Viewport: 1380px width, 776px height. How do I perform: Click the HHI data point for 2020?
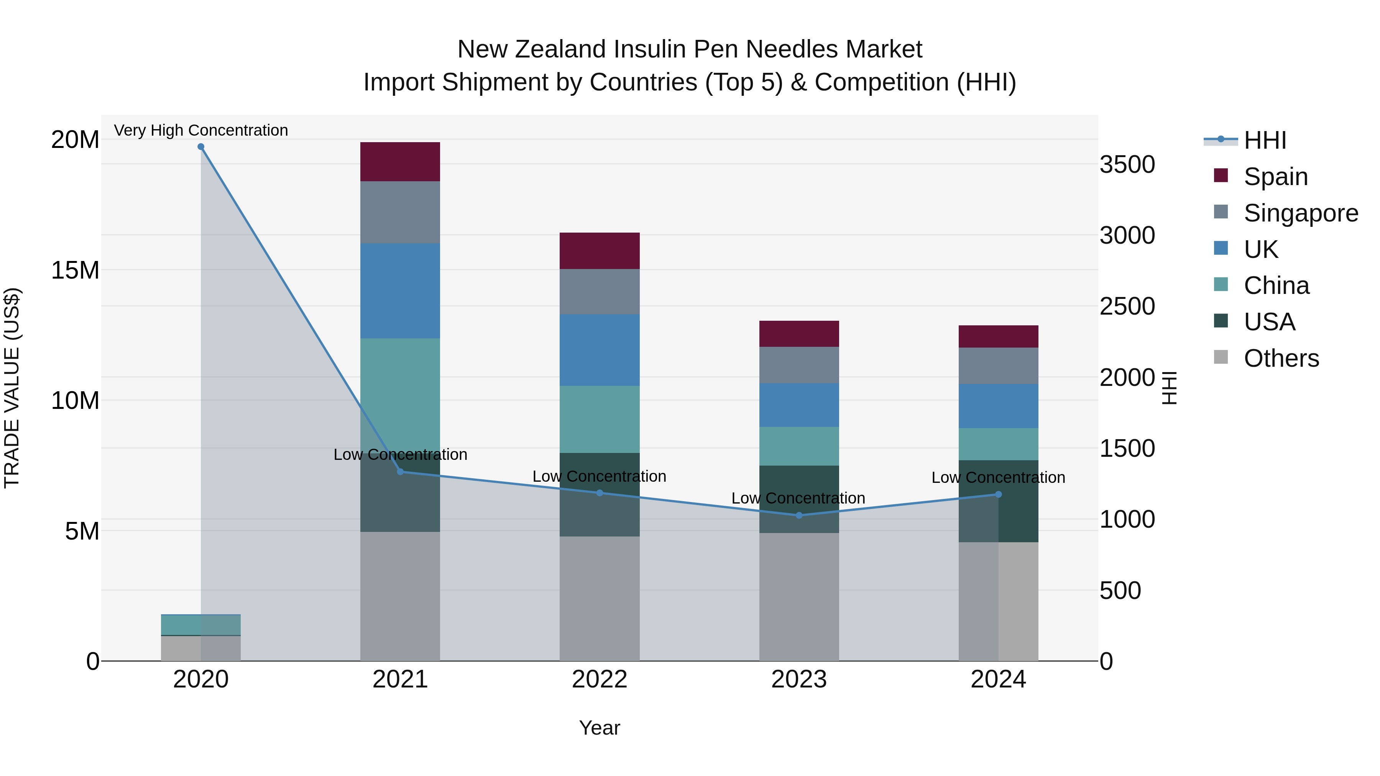[x=201, y=147]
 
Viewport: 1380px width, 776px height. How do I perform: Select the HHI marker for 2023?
[x=799, y=515]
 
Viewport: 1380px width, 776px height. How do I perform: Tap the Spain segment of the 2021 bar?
[x=400, y=162]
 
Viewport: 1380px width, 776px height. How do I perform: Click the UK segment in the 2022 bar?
[x=600, y=350]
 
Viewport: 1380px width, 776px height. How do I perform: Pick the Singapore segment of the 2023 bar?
[x=799, y=365]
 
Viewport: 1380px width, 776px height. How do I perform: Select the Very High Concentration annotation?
[x=201, y=130]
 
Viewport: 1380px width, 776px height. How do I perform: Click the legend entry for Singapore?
[x=1300, y=213]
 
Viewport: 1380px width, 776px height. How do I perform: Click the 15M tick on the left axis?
[x=75, y=270]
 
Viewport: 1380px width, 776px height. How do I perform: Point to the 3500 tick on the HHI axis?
[x=1127, y=164]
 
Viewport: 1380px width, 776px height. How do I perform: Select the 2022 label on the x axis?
[x=600, y=679]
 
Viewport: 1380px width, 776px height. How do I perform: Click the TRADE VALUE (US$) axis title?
[x=12, y=388]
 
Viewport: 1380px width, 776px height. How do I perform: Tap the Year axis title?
[x=600, y=728]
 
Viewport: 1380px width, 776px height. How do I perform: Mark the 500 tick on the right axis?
[x=1120, y=591]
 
